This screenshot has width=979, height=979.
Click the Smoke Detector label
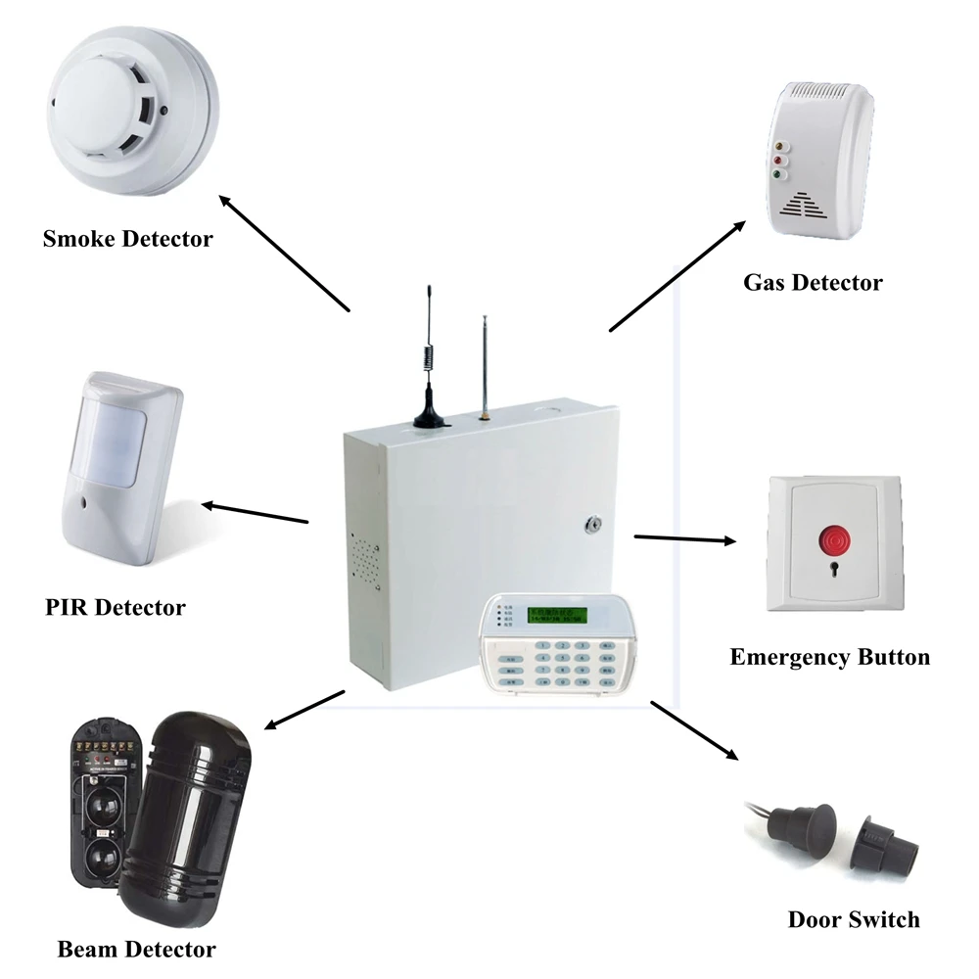[x=127, y=238]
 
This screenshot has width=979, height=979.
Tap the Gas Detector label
[x=813, y=283]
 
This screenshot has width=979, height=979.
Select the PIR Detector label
[x=116, y=607]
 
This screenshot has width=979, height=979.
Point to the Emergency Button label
[x=830, y=657]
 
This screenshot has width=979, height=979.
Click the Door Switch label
[x=854, y=919]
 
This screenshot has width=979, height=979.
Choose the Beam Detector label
[x=136, y=949]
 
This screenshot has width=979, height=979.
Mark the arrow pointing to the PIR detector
[x=256, y=513]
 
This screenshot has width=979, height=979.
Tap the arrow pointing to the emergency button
[x=684, y=538]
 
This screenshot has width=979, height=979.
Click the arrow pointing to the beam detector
[x=304, y=710]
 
